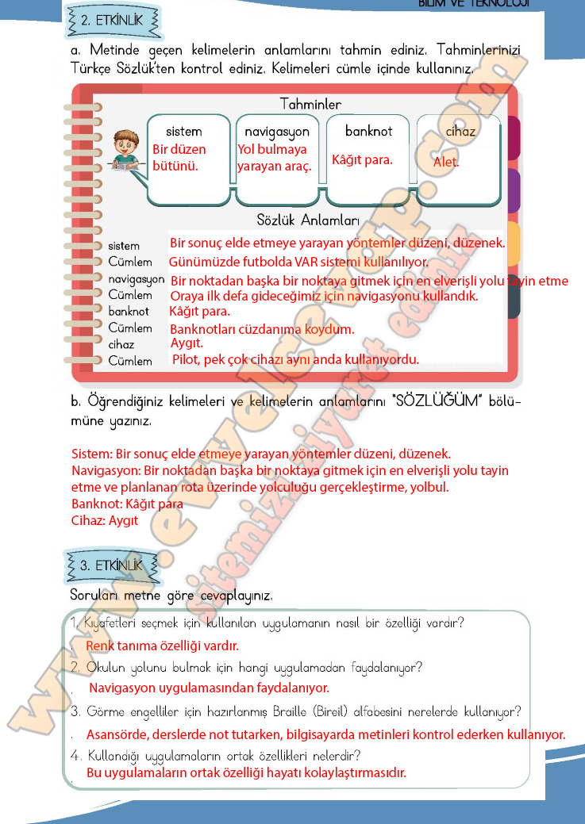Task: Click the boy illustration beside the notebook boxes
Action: (x=123, y=149)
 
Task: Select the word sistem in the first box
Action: (x=183, y=131)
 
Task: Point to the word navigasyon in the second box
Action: (x=276, y=131)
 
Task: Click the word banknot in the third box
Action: (x=368, y=130)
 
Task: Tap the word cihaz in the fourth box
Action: (x=460, y=131)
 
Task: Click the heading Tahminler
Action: (x=310, y=105)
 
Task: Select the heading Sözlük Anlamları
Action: (x=308, y=220)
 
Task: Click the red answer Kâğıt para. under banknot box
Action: (x=362, y=160)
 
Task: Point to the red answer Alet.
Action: (x=446, y=163)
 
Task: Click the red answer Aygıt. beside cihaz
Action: (x=187, y=343)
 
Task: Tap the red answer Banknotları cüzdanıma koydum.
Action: (x=262, y=328)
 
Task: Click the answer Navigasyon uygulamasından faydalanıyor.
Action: (x=209, y=688)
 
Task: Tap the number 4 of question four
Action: (x=74, y=754)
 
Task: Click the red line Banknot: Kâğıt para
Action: (x=127, y=504)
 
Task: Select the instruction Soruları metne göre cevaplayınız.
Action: (x=171, y=594)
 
